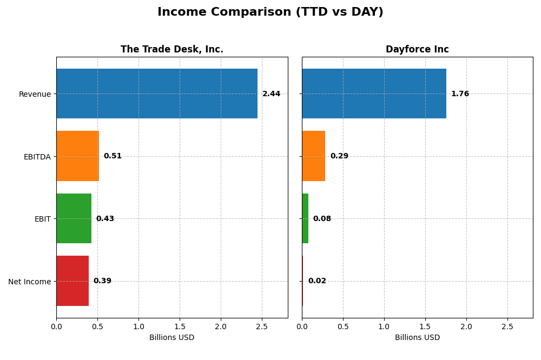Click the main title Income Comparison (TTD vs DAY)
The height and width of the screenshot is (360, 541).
pyautogui.click(x=270, y=12)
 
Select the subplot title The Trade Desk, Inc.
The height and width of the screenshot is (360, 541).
pyautogui.click(x=171, y=50)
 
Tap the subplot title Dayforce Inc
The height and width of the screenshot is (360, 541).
pyautogui.click(x=417, y=50)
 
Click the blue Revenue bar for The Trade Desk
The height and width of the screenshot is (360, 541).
pyautogui.click(x=157, y=94)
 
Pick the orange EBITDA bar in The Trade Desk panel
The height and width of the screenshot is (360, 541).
pyautogui.click(x=77, y=156)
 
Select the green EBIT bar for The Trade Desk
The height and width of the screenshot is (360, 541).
pyautogui.click(x=74, y=218)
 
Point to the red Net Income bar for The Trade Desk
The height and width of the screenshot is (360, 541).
pyautogui.click(x=72, y=281)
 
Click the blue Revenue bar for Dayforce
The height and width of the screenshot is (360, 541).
pyautogui.click(x=374, y=94)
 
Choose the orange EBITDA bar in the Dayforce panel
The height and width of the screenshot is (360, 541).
pyautogui.click(x=313, y=156)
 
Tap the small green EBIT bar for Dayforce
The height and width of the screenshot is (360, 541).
pyautogui.click(x=305, y=218)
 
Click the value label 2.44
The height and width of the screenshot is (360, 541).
pyautogui.click(x=271, y=94)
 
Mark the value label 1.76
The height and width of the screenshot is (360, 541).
pyautogui.click(x=460, y=94)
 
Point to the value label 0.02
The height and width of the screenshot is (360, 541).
pyautogui.click(x=317, y=281)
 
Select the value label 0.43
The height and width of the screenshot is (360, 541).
pyautogui.click(x=105, y=219)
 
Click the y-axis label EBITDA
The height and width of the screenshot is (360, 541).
pyautogui.click(x=37, y=157)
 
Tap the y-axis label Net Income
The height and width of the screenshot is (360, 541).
pyautogui.click(x=29, y=282)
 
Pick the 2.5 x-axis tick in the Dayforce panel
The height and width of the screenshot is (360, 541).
pyautogui.click(x=507, y=326)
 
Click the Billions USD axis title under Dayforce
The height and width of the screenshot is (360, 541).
pyautogui.click(x=417, y=338)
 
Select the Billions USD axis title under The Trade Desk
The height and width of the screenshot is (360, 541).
pyautogui.click(x=171, y=338)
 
